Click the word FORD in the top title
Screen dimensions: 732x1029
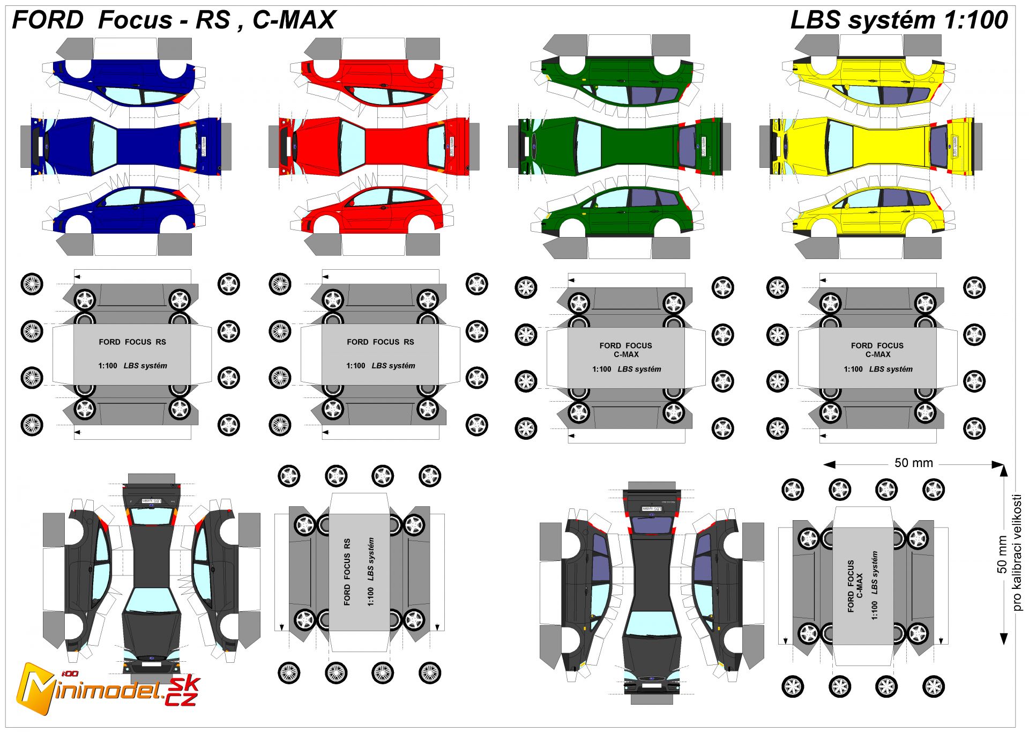[x=48, y=20]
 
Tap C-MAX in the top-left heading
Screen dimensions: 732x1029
[x=294, y=20]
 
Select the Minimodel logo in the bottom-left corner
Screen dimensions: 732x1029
[x=107, y=689]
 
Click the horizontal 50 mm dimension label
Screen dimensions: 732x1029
[x=913, y=463]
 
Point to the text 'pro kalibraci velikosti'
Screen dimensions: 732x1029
[x=1017, y=552]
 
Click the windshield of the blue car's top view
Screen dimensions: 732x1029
[x=104, y=146]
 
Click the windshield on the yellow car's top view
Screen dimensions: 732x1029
[x=840, y=146]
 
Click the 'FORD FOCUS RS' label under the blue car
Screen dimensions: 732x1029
[x=132, y=342]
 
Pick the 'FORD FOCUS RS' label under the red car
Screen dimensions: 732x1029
[x=381, y=342]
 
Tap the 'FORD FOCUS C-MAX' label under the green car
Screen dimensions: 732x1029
[x=626, y=350]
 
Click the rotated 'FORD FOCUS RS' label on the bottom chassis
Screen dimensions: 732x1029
[x=347, y=572]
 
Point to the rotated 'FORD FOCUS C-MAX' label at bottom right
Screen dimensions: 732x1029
[x=855, y=586]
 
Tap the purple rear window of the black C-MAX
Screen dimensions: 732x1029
[x=652, y=524]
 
